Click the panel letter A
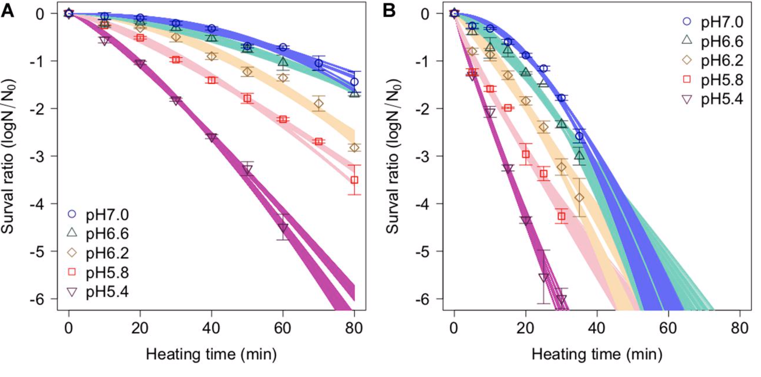pyautogui.click(x=7, y=12)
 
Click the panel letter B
pyautogui.click(x=389, y=12)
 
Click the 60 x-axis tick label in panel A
pyautogui.click(x=283, y=328)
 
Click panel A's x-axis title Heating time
pyautogui.click(x=211, y=354)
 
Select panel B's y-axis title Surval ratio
pyautogui.click(x=393, y=156)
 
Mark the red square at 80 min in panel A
pyautogui.click(x=354, y=180)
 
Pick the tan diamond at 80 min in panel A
pyautogui.click(x=354, y=147)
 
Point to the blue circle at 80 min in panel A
pyautogui.click(x=354, y=82)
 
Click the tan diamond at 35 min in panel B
pyautogui.click(x=580, y=198)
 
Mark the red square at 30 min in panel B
pyautogui.click(x=562, y=216)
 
